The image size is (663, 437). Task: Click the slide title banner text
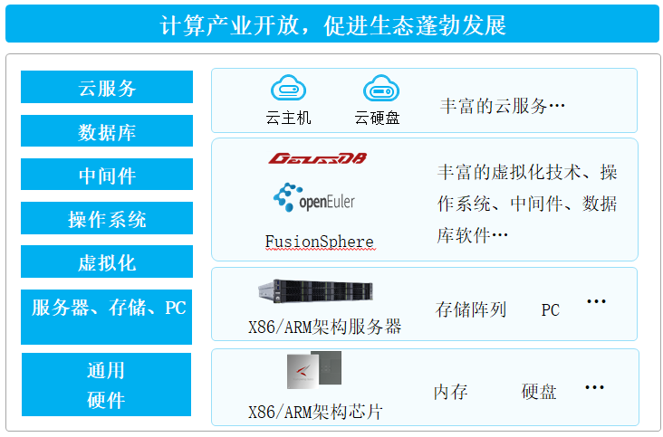[331, 24]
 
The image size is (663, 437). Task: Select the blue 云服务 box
[107, 88]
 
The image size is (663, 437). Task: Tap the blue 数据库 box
[107, 132]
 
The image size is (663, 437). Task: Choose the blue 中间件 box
[107, 176]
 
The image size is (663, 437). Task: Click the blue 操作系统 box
[107, 219]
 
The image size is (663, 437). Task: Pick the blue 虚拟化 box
[107, 262]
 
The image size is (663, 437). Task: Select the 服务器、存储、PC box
[108, 309]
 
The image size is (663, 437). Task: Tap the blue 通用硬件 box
[106, 385]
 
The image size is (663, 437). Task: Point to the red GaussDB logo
[317, 158]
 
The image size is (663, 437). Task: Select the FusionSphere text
[319, 242]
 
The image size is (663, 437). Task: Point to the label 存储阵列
[471, 310]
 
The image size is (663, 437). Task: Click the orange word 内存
[450, 392]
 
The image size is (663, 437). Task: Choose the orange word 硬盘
[539, 392]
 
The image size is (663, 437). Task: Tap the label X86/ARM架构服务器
[324, 328]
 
